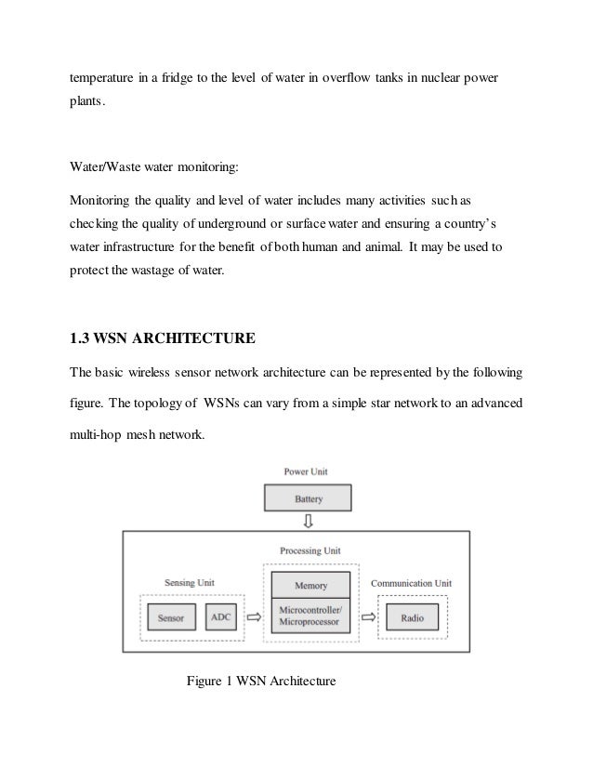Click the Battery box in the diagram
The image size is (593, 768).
(x=309, y=498)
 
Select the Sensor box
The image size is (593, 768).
(x=170, y=617)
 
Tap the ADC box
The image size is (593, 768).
(x=221, y=617)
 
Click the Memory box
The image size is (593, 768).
(x=310, y=586)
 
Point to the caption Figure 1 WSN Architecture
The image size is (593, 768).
(x=260, y=681)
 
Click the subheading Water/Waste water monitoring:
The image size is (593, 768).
(x=154, y=169)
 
